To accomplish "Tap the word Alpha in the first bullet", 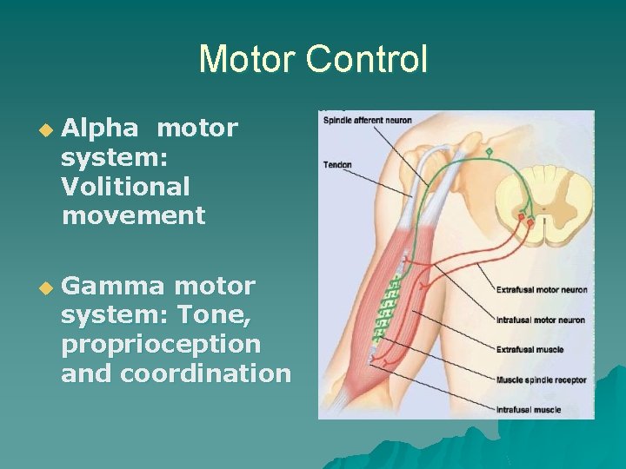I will pos(100,129).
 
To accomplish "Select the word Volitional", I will pos(125,187).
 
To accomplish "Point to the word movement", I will pos(133,215).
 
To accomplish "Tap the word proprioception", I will pos(161,345).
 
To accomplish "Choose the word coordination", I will pos(205,373).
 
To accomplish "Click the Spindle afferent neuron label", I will pos(367,120).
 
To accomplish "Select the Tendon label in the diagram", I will pos(337,164).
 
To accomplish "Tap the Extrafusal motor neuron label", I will pos(541,290).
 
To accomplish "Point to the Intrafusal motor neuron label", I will pos(539,320).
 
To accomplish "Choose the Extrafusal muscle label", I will pos(529,349).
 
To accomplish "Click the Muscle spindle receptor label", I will pos(540,380).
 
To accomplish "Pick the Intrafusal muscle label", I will pos(528,408).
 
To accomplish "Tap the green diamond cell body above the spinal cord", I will pos(489,153).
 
